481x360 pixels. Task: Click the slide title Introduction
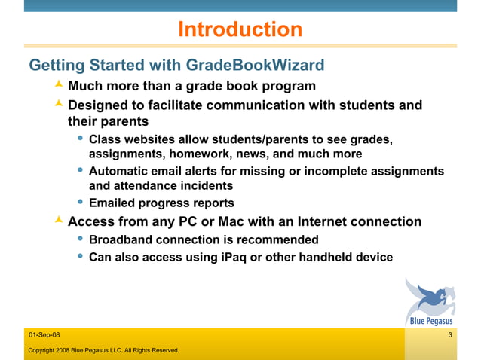240,29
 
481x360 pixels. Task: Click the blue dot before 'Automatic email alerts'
81,171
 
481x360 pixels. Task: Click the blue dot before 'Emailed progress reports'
81,203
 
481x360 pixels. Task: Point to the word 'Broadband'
121,240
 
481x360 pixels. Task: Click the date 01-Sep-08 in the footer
45,334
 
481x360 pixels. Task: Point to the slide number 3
449,334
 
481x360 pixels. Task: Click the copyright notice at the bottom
103,350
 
